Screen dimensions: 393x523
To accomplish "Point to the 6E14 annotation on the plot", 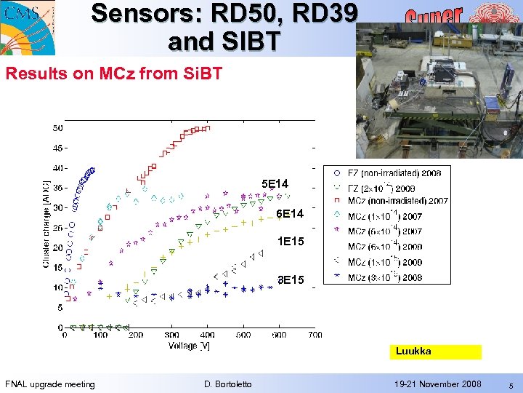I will coord(290,214).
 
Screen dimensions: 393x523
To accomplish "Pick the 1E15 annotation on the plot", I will coord(290,241).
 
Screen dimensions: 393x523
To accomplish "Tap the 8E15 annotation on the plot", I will coord(291,279).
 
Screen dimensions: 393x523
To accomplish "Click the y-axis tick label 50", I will coord(57,128).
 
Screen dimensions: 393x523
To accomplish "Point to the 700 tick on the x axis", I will coord(315,336).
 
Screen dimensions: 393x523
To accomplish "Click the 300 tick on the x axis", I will coord(172,336).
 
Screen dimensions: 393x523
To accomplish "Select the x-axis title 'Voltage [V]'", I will coord(190,346).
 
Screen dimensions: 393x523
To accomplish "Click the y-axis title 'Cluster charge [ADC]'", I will coord(47,223).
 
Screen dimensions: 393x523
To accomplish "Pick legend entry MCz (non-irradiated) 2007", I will coord(397,201).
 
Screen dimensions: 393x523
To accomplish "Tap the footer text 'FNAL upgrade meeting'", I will coord(50,384).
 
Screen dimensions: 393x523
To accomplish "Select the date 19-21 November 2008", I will coord(437,384).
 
